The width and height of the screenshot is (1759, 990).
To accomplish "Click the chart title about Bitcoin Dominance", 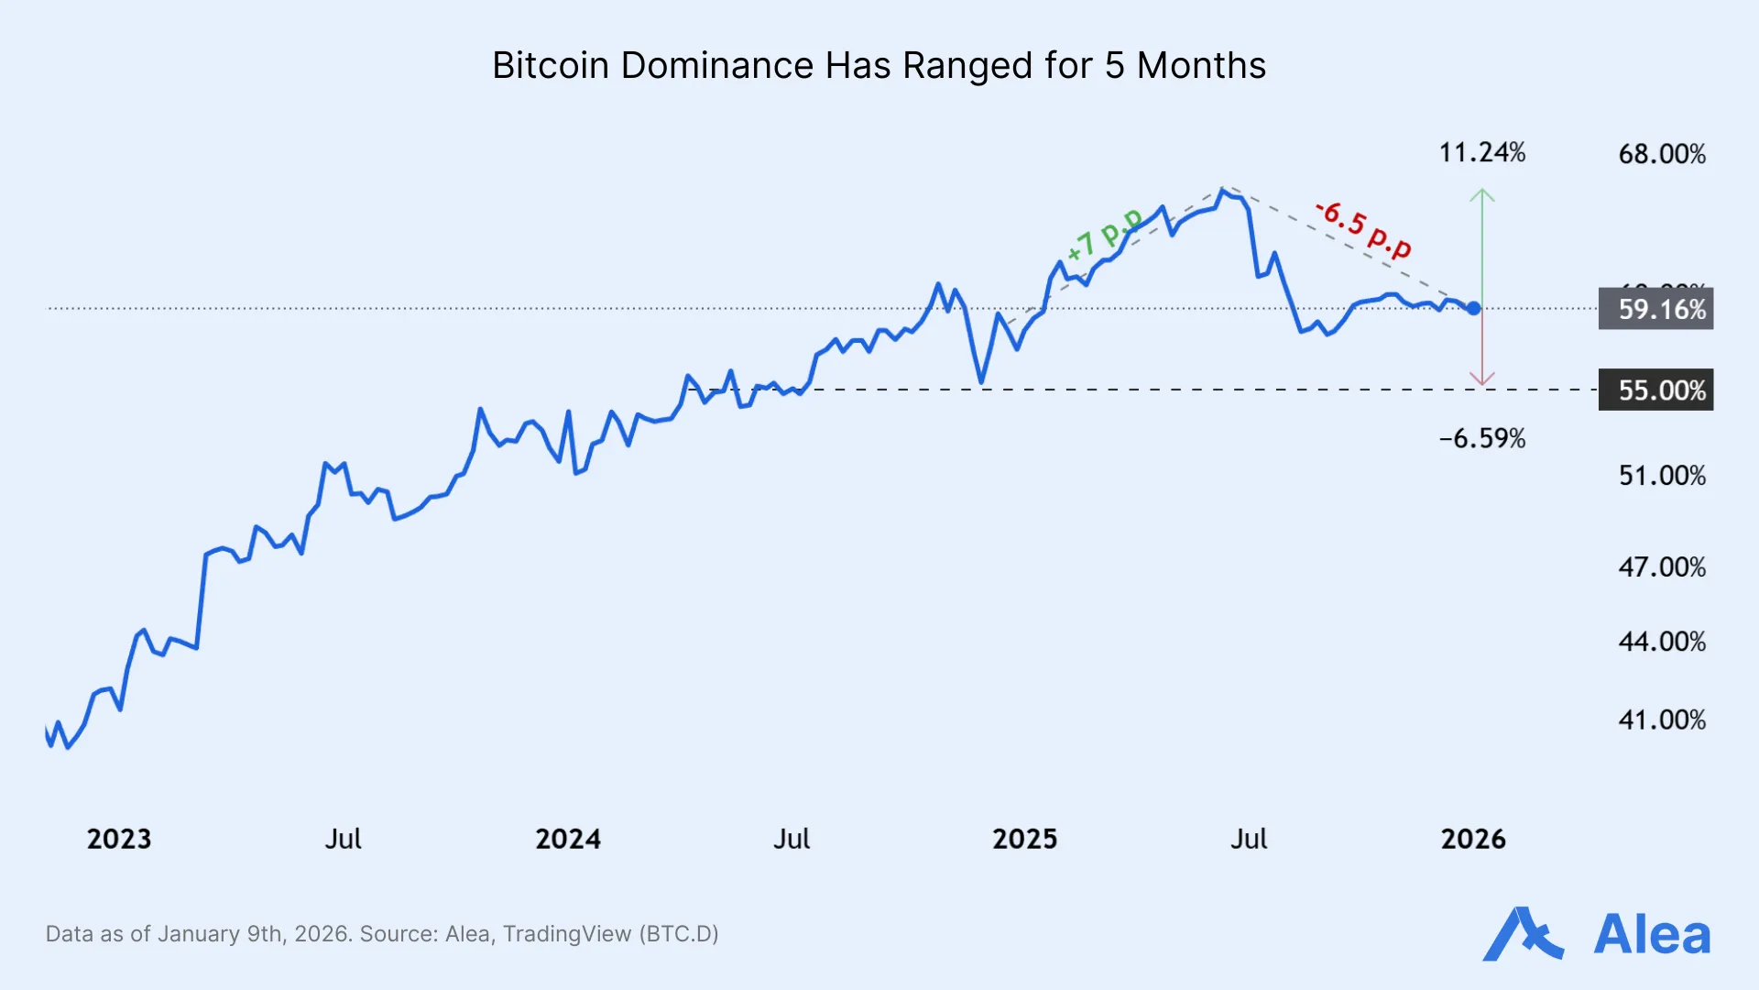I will [879, 66].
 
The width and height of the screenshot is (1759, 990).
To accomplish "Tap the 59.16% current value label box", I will [1655, 309].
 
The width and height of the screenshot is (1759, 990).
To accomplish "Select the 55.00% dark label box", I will [1655, 390].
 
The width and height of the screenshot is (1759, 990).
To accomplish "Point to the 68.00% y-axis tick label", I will [1662, 154].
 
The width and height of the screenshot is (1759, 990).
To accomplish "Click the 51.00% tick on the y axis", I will [1662, 476].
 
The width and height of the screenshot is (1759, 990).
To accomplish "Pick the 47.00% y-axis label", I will [1662, 567].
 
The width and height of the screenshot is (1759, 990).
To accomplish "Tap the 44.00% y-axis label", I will [1662, 642].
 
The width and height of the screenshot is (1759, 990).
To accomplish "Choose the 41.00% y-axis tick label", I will [1662, 720].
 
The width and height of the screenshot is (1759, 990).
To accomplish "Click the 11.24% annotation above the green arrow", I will [1482, 153].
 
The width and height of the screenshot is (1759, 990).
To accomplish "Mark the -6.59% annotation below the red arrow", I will [1482, 439].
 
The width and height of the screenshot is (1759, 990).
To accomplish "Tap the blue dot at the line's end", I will [1473, 309].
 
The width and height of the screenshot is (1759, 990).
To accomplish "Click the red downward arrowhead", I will [1482, 380].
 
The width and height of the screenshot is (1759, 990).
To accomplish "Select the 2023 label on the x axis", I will [119, 839].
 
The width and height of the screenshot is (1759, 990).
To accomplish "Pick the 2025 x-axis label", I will [1024, 839].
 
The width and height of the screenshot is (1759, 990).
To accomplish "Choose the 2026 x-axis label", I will [1473, 839].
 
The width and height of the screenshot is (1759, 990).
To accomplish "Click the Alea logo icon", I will [1522, 934].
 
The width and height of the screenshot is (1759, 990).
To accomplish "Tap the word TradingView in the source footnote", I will [567, 934].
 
